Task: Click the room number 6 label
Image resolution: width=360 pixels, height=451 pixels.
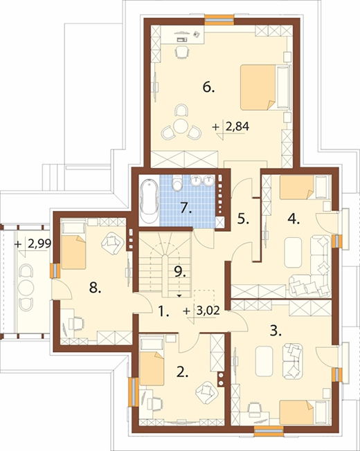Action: [208, 87]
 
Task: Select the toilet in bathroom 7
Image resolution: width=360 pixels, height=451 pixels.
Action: [177, 183]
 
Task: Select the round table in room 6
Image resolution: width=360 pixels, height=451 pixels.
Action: [181, 127]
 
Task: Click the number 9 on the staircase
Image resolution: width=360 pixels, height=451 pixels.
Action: [181, 271]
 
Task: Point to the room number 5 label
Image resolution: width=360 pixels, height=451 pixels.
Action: [243, 220]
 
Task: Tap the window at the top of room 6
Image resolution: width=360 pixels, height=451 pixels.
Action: [219, 20]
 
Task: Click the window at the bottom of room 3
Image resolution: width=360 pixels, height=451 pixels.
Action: [269, 430]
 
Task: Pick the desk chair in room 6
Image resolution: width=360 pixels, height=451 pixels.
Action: [182, 52]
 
